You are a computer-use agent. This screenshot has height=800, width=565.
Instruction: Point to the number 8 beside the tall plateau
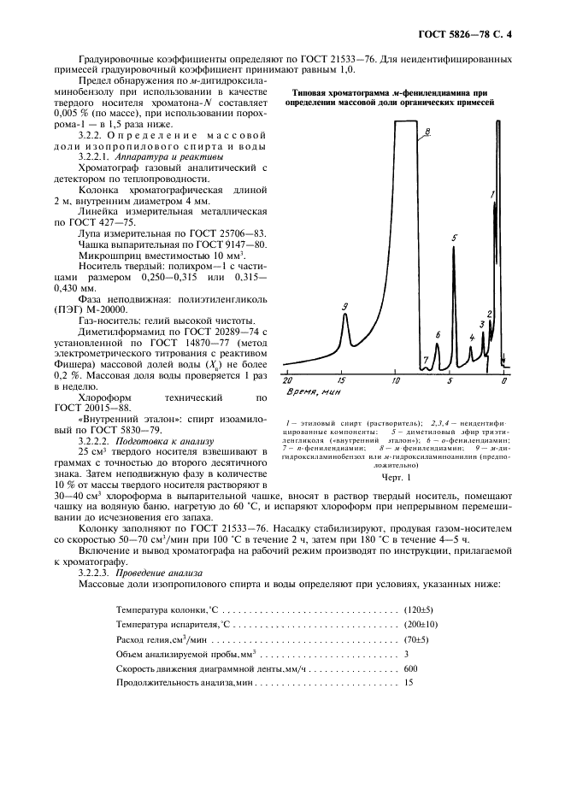(x=427, y=131)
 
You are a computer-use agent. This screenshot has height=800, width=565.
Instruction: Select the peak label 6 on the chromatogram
(x=438, y=335)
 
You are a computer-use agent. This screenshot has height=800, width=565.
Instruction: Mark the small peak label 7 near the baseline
(x=426, y=362)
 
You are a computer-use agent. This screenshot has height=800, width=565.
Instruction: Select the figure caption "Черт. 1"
(x=396, y=478)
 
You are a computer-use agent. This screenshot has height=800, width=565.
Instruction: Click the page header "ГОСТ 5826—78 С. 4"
(x=468, y=34)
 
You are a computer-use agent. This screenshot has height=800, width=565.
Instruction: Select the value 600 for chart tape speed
(x=411, y=668)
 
